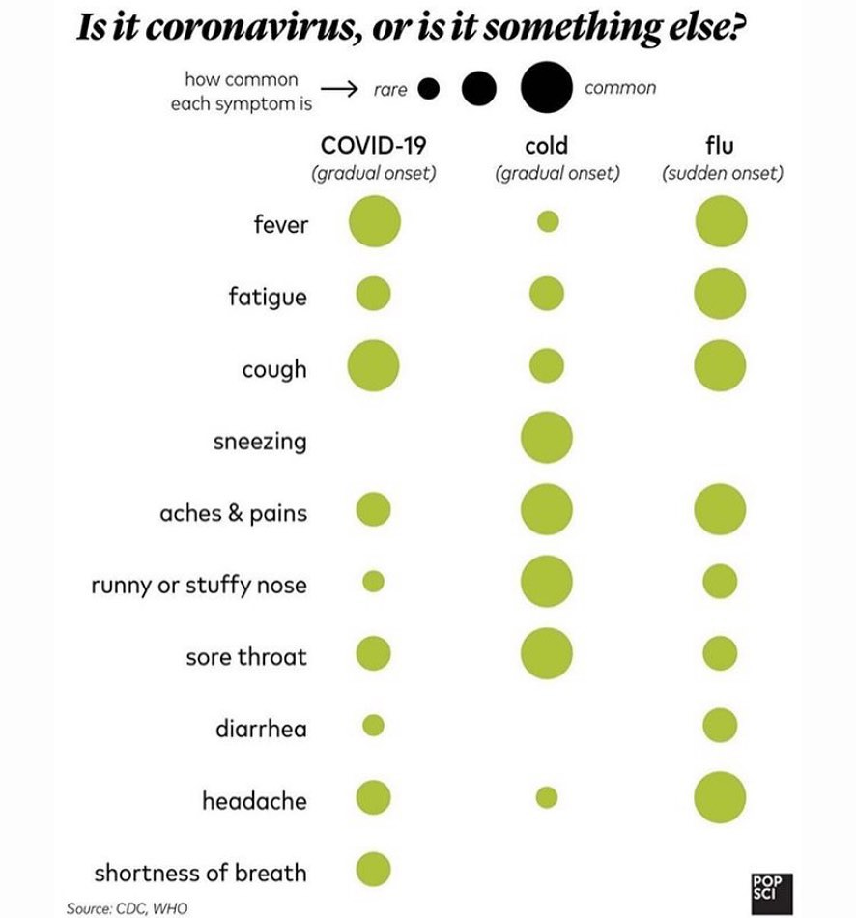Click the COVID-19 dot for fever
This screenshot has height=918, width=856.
point(375,222)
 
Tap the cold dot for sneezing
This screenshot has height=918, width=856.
point(546,438)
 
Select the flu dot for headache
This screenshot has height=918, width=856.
point(720,797)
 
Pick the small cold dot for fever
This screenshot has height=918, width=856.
point(548,221)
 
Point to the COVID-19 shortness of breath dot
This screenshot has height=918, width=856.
point(374,870)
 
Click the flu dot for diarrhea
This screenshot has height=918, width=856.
point(720,726)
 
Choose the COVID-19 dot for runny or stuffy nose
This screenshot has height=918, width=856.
point(374,582)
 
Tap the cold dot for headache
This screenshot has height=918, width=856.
point(547,797)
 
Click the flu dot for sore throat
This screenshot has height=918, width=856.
point(720,653)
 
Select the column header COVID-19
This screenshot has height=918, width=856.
point(374,145)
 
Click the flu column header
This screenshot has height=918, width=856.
point(720,145)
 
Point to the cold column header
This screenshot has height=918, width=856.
point(546,145)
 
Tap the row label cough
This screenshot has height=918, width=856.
point(274,370)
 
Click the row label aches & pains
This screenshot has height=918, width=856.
point(234,513)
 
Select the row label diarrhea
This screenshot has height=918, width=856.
point(261,729)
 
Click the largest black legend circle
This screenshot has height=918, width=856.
point(546,87)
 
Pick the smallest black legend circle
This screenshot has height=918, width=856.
point(429,89)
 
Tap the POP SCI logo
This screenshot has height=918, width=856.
point(772,894)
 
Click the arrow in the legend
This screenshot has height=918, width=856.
point(339,89)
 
